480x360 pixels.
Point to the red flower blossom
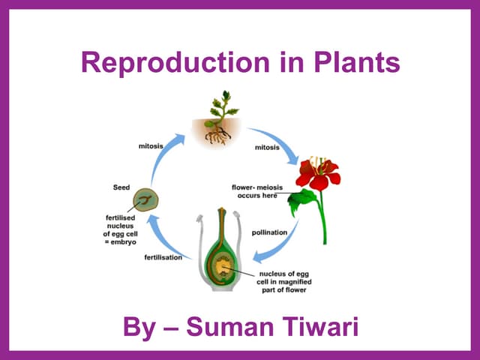pyautogui.click(x=317, y=174)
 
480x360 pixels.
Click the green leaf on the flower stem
pyautogui.click(x=302, y=199)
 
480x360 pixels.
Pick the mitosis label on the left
pyautogui.click(x=151, y=145)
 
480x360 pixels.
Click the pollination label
pyautogui.click(x=269, y=232)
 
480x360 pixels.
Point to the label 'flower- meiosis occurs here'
pyautogui.click(x=256, y=191)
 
